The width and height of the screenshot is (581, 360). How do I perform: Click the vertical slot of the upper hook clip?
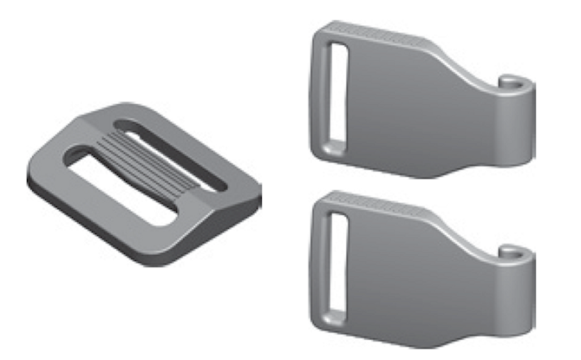(x=336, y=95)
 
